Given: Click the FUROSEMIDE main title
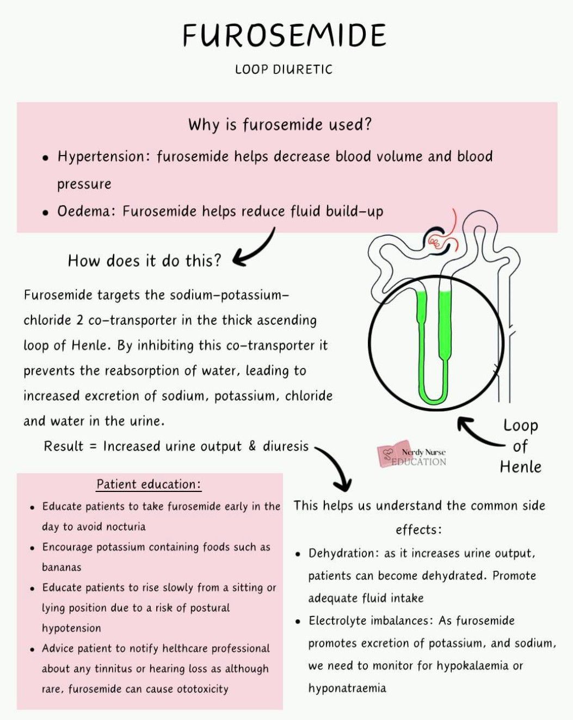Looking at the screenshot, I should click(284, 36).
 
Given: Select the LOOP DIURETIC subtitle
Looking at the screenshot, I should click(284, 70).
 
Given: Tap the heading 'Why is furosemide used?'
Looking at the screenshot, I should click(280, 125).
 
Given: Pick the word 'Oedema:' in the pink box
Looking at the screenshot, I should click(86, 211).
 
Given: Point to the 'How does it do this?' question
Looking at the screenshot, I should click(145, 261).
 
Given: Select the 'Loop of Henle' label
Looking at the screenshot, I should click(520, 446).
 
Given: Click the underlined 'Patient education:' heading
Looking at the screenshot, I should click(149, 484).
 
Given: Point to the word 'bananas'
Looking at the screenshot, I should click(61, 567).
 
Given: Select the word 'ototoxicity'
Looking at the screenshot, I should click(202, 689).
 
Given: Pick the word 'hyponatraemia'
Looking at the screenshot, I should click(347, 688).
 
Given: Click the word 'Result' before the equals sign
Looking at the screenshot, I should click(64, 446).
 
